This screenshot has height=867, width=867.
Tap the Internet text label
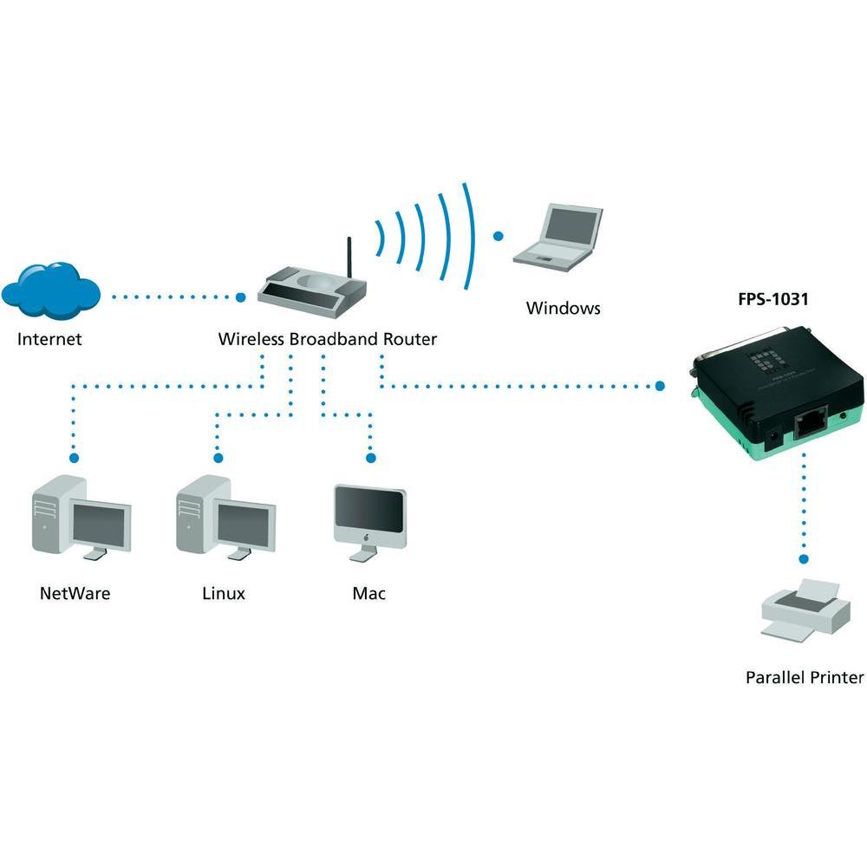[49, 338]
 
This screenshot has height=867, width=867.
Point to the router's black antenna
[349, 257]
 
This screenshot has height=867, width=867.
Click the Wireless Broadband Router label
[327, 338]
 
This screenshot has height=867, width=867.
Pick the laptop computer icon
[558, 235]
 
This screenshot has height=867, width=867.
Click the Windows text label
[563, 308]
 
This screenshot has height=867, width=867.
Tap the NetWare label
[75, 594]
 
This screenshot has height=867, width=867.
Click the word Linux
[224, 594]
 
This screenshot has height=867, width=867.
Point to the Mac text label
[368, 594]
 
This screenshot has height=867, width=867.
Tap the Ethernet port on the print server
[809, 422]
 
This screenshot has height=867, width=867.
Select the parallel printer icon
[805, 611]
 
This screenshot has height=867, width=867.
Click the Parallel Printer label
[805, 677]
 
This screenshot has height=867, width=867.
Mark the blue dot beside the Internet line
[241, 297]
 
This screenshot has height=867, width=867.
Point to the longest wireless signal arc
[471, 234]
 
